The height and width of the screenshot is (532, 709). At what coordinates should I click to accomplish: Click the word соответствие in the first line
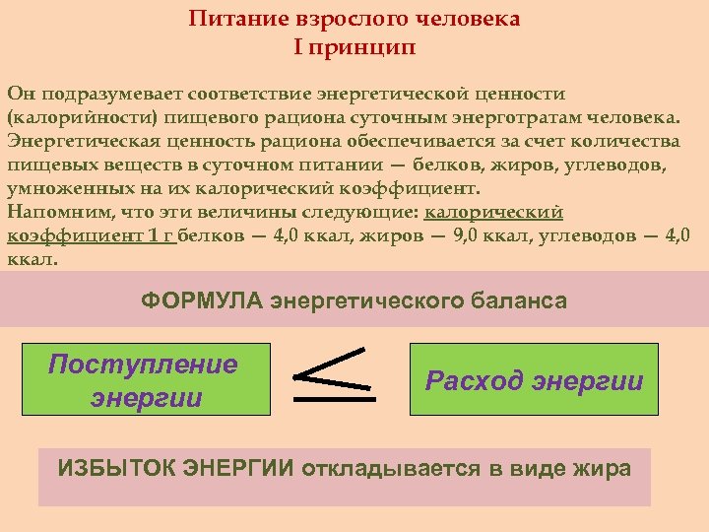[253, 94]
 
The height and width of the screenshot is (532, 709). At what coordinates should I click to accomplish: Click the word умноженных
[62, 188]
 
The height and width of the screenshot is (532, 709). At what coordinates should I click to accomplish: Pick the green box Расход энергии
[534, 379]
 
